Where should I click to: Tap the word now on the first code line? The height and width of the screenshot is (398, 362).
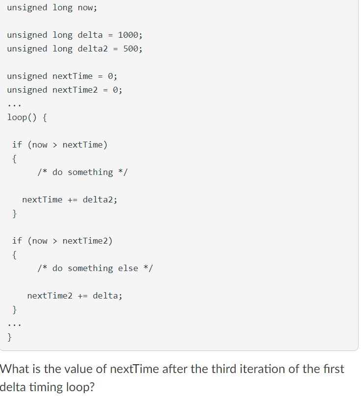(86, 7)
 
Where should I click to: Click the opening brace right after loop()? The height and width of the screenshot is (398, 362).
(45, 117)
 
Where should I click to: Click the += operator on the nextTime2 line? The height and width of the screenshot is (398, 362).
(83, 296)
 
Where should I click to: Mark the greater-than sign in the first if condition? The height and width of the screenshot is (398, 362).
(55, 145)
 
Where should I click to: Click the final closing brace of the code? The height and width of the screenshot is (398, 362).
(10, 337)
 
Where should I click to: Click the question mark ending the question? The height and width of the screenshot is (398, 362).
(93, 387)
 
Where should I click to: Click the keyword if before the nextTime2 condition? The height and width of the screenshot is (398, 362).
(17, 241)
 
